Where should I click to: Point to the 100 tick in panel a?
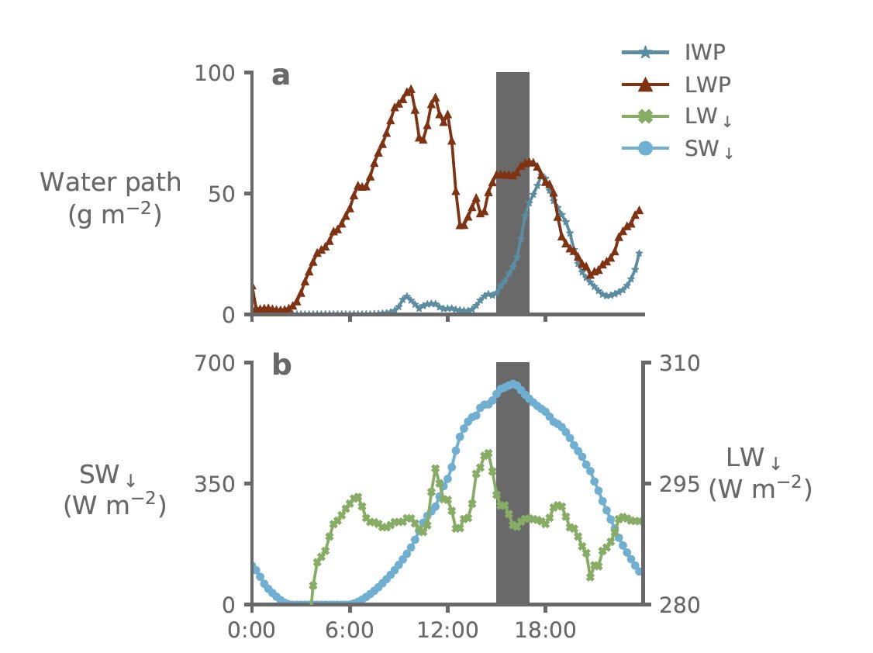(217, 73)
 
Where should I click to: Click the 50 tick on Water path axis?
(225, 194)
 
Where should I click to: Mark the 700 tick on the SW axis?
(217, 362)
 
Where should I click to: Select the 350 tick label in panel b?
(217, 483)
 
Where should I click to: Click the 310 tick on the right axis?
(679, 362)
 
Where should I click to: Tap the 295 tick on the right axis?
(679, 483)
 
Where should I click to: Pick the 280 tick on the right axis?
(679, 604)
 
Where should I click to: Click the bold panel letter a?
(281, 77)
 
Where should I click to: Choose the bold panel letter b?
(281, 365)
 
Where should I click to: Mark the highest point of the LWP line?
(410, 89)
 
